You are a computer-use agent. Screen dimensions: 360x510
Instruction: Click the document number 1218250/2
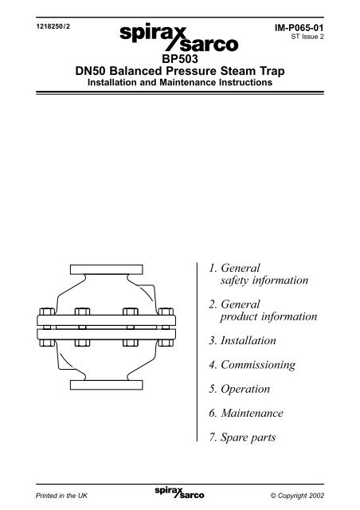tap(53, 26)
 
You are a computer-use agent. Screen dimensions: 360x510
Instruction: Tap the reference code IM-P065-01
tap(299, 28)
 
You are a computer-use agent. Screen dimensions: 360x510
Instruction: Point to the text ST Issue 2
tap(307, 37)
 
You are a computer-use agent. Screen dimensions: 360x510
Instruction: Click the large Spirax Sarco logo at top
tap(179, 37)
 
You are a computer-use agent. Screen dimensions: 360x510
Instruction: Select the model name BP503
tap(180, 59)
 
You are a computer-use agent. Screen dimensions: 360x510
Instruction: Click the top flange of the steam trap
tap(107, 269)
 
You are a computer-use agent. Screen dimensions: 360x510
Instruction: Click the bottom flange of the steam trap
tap(107, 385)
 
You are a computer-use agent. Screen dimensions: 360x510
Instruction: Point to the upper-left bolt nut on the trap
tap(47, 312)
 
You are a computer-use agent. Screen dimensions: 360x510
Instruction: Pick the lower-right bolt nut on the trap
tap(166, 343)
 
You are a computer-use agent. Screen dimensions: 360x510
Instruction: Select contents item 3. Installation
tap(242, 340)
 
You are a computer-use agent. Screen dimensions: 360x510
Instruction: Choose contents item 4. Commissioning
tap(252, 365)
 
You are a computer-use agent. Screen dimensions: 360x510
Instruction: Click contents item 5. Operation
tap(240, 389)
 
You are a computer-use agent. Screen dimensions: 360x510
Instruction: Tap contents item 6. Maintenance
tap(246, 413)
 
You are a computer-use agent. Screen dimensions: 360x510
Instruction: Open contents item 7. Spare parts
tap(242, 437)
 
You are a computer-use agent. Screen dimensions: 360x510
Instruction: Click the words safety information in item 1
tap(264, 280)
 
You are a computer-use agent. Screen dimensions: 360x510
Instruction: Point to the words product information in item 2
tap(268, 316)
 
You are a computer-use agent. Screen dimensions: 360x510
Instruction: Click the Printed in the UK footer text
tap(61, 496)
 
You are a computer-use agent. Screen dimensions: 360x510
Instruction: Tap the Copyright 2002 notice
tap(297, 496)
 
